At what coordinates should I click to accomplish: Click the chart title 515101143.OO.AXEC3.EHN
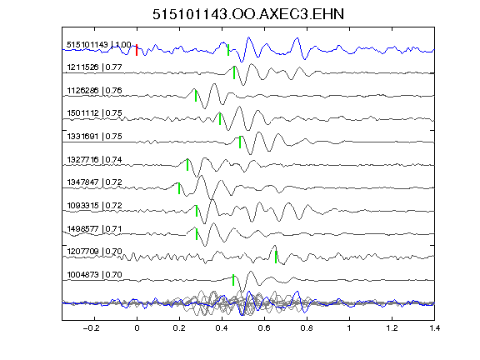tap(248, 14)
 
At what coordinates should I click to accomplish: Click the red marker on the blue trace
tap(137, 50)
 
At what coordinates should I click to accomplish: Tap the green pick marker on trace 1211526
tap(234, 72)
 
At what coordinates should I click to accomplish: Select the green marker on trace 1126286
tap(196, 96)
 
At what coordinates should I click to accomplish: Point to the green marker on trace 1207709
tap(276, 257)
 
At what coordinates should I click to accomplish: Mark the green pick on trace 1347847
tap(179, 188)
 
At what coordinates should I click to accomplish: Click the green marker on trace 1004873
tap(233, 280)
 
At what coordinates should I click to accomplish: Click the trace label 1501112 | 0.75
tap(95, 113)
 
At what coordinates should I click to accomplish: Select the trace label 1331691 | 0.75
tap(95, 136)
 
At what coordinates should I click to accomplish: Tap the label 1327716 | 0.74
tap(95, 159)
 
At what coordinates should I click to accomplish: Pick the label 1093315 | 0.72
tap(95, 205)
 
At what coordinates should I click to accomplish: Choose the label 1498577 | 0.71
tap(95, 228)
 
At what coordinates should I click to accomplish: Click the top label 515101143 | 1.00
tap(99, 45)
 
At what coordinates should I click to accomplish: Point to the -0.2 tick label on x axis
tap(91, 328)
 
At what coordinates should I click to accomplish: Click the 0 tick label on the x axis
tap(137, 328)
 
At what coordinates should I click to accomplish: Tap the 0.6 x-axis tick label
tap(264, 328)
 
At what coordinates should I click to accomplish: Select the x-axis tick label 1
tap(349, 328)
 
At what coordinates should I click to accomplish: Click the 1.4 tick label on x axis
tap(434, 328)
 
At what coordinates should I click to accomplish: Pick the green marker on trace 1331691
tap(240, 142)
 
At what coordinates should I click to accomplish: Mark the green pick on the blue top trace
tap(228, 50)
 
